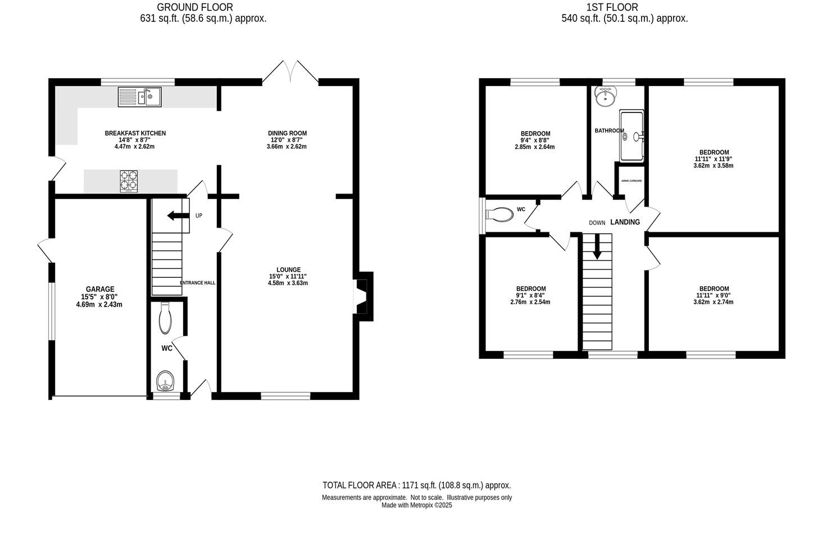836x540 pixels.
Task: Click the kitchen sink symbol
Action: [x=139, y=97]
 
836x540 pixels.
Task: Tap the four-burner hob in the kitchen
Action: [x=129, y=181]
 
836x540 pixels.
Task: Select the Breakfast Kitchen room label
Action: [x=135, y=133]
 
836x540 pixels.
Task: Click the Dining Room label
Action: [x=287, y=133]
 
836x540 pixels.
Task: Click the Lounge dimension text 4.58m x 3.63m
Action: [x=288, y=283]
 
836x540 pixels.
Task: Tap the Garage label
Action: [x=100, y=289]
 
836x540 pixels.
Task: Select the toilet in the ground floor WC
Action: [x=165, y=318]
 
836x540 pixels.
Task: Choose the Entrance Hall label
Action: [x=198, y=283]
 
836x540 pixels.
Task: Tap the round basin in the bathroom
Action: [x=605, y=97]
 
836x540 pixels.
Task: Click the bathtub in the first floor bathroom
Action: [x=631, y=136]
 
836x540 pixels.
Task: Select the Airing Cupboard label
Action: [x=631, y=181]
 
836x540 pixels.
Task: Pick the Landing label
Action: [x=625, y=222]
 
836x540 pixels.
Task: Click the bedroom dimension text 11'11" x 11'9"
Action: [x=714, y=159]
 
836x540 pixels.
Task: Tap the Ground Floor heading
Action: [x=194, y=7]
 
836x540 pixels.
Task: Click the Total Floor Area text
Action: [x=416, y=485]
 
